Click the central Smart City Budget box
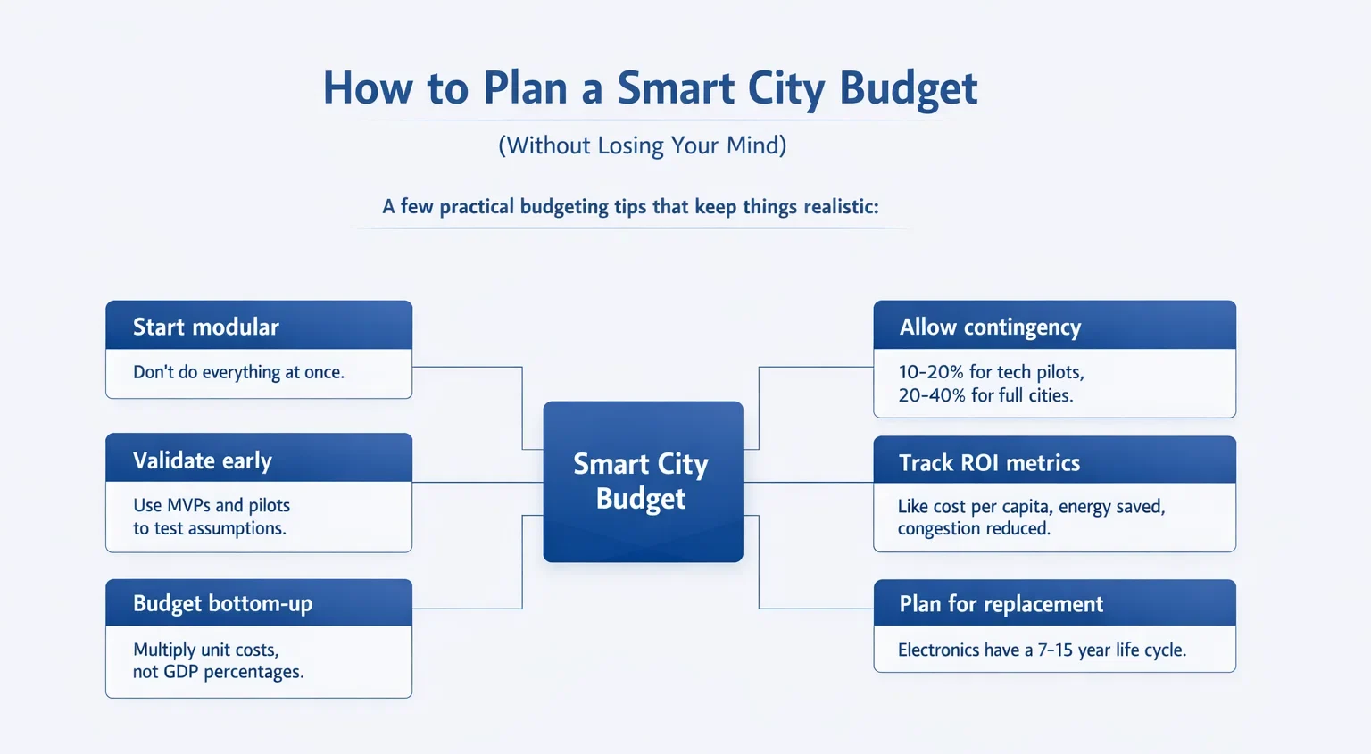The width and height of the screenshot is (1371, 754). click(643, 482)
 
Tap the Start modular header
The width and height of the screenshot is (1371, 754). click(259, 325)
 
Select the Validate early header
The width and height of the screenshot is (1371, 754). click(259, 458)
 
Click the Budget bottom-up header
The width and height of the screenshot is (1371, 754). click(259, 603)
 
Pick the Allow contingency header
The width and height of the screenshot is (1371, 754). click(1054, 325)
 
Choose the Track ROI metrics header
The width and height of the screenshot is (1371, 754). click(1054, 460)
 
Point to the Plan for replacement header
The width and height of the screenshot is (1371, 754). click(1054, 603)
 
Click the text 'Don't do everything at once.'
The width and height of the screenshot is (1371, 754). click(238, 372)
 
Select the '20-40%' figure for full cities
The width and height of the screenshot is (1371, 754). click(932, 395)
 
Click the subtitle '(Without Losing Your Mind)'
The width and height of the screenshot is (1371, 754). click(642, 145)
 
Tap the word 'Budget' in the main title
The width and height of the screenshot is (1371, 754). click(909, 89)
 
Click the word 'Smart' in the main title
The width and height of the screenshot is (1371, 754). click(676, 88)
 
